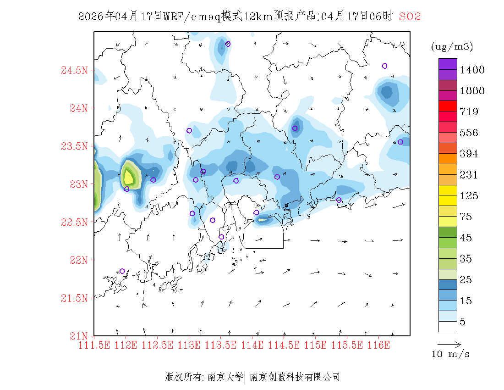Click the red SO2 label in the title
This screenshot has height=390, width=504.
coord(410,17)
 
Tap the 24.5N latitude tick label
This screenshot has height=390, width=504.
coord(74,70)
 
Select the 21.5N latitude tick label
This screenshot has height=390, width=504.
coord(74,298)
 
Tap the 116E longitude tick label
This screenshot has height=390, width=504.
coord(378,345)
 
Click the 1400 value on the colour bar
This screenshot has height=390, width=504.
coord(472,70)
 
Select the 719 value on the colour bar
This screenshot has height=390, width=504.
coord(469,112)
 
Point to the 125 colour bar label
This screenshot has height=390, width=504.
coord(469,196)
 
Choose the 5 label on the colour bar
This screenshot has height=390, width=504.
coord(462,322)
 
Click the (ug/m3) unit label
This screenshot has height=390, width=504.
coord(452,47)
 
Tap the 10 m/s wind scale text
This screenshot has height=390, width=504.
coord(451,354)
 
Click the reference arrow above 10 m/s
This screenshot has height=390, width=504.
coord(449,343)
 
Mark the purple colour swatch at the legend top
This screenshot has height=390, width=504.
coord(448,64)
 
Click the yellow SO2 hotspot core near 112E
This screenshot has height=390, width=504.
coord(128,176)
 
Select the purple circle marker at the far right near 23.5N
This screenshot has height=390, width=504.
coord(400,142)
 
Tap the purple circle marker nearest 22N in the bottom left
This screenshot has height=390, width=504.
coord(122,271)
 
